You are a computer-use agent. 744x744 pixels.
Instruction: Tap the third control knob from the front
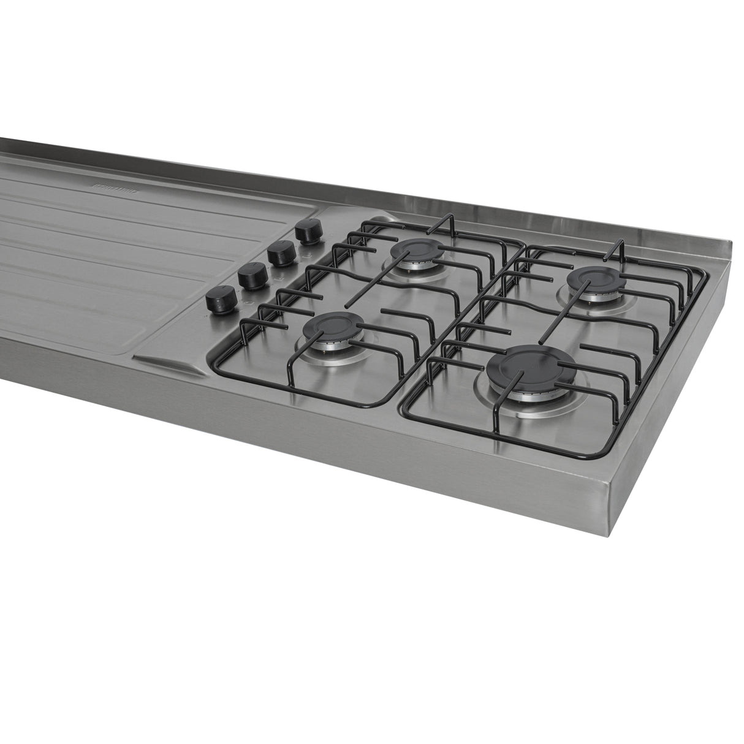pyautogui.click(x=281, y=253)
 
